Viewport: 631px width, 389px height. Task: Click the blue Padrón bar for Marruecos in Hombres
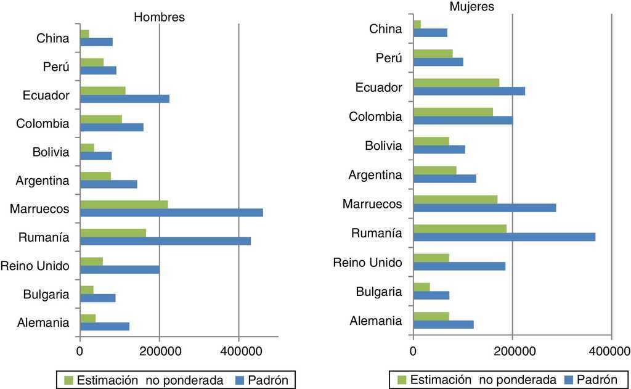(x=171, y=213)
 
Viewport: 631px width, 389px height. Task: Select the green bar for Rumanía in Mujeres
(x=460, y=229)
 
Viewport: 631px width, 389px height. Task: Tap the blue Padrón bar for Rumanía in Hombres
(x=165, y=241)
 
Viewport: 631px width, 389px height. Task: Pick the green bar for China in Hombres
(x=84, y=33)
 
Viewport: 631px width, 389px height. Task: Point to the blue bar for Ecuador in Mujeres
(x=469, y=91)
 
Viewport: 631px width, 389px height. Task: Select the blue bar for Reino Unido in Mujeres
(x=459, y=266)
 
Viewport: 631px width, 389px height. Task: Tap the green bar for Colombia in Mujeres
(x=453, y=112)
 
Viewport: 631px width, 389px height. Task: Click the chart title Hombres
(x=159, y=17)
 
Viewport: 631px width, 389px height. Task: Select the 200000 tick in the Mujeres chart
(x=512, y=351)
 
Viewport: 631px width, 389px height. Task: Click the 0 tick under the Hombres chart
(x=80, y=351)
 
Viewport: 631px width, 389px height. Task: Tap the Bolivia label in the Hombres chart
(x=51, y=152)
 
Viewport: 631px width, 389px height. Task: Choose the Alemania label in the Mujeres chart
(x=376, y=321)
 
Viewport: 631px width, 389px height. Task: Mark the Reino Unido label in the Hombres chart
(x=35, y=266)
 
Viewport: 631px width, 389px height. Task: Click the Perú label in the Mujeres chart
(x=389, y=58)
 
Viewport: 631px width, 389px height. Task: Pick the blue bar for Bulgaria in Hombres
(x=98, y=298)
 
